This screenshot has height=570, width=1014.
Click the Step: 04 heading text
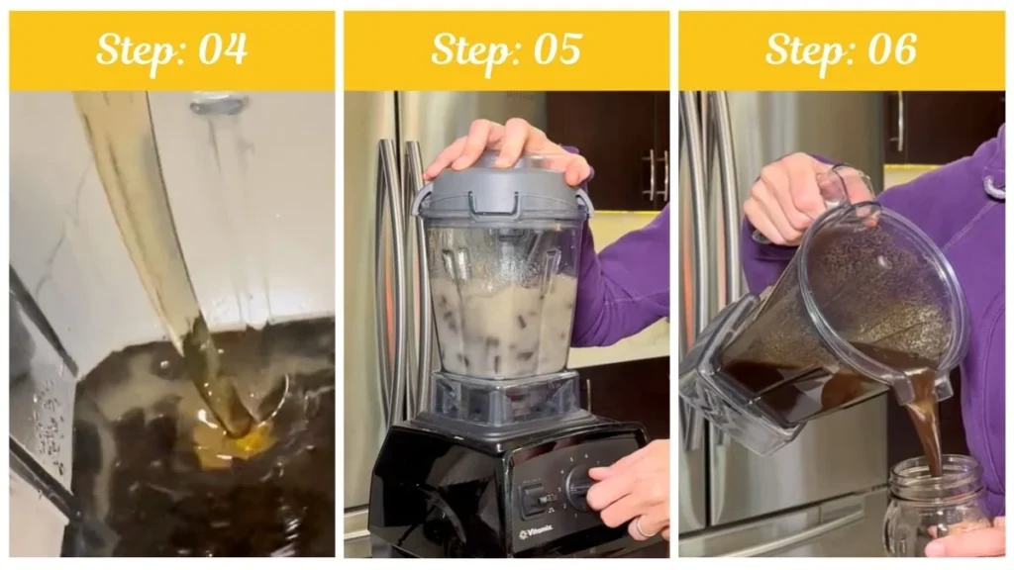pos(171,49)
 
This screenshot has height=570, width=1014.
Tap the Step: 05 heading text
pos(506,49)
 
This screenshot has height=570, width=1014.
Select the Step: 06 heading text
pos(841,49)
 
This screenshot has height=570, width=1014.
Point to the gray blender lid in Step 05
pos(502,191)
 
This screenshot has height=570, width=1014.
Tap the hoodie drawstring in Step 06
pos(993,184)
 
